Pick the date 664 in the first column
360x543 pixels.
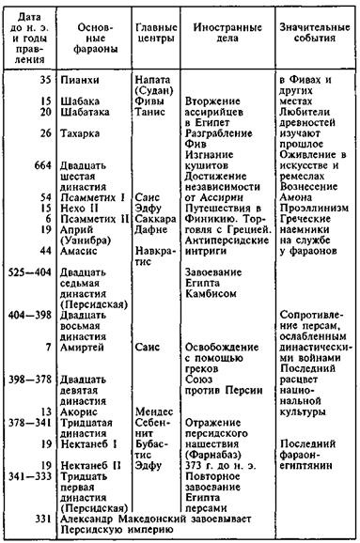pyautogui.click(x=39, y=167)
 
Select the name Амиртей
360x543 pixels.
pyautogui.click(x=84, y=349)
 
